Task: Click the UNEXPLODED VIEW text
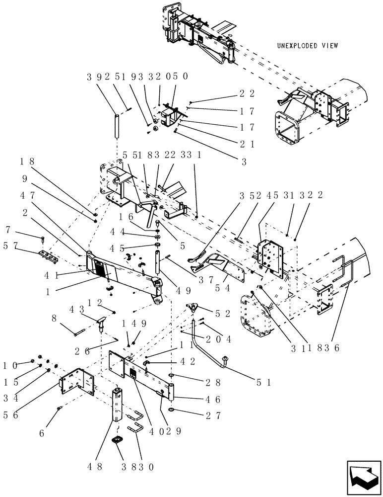(308, 46)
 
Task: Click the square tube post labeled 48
(118, 403)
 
